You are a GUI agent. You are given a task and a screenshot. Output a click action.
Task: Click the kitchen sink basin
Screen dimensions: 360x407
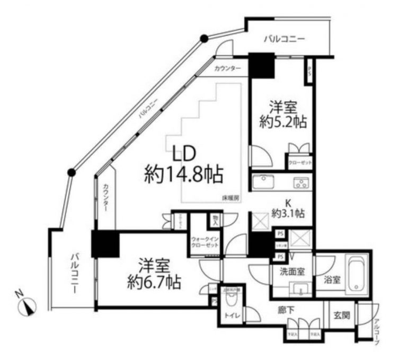(x=262, y=183)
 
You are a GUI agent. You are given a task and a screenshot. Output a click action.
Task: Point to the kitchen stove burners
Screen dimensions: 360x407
(x=302, y=184)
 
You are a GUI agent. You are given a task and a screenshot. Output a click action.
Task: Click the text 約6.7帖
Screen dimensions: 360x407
(x=154, y=282)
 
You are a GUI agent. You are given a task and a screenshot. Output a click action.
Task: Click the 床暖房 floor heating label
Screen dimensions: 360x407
(x=231, y=198)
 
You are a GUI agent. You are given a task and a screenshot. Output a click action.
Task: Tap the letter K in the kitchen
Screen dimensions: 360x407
(x=289, y=202)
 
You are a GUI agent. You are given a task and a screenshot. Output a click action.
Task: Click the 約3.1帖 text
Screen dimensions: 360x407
(x=288, y=214)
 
